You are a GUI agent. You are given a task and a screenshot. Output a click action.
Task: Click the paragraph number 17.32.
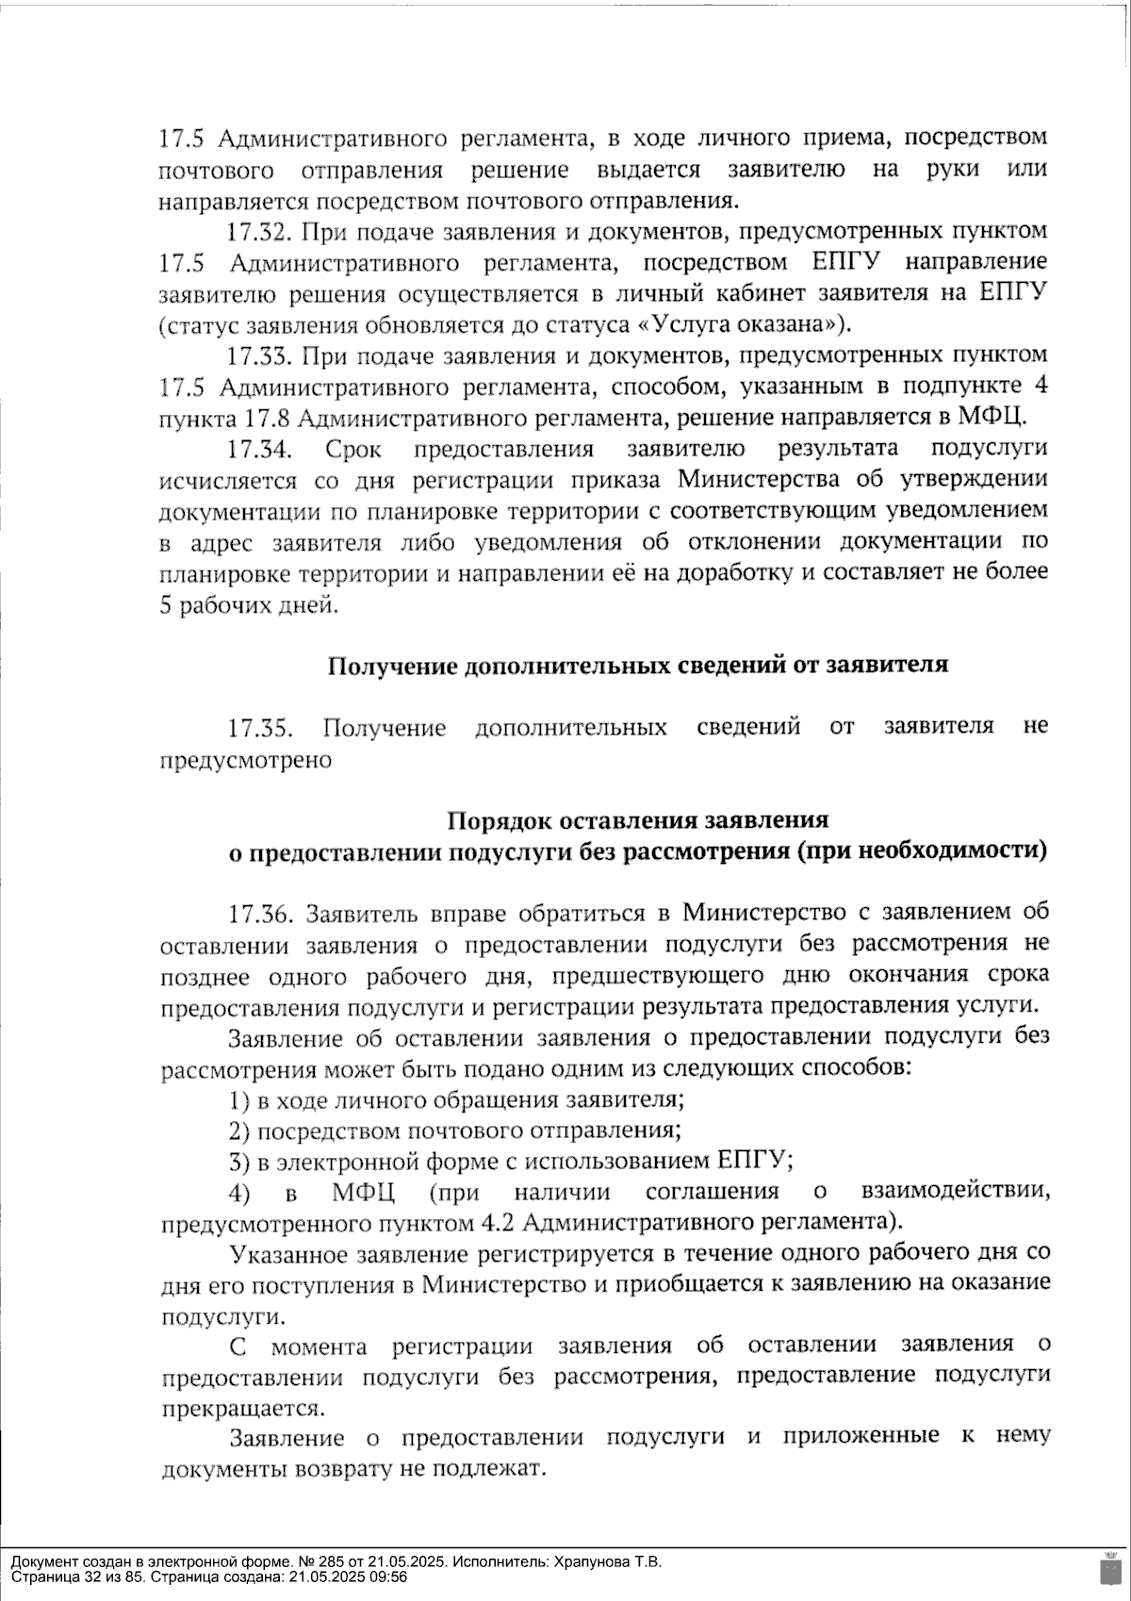click(259, 231)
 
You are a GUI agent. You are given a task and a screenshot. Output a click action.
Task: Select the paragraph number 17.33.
click(259, 355)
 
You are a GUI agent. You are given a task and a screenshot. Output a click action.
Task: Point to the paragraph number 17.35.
click(260, 728)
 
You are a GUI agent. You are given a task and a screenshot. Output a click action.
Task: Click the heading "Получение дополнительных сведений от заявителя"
click(637, 666)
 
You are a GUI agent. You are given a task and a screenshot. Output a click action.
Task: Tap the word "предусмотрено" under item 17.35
click(246, 759)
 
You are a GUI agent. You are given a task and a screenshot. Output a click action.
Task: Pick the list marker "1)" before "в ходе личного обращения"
click(239, 1100)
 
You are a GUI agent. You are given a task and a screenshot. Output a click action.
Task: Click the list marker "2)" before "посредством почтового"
click(239, 1131)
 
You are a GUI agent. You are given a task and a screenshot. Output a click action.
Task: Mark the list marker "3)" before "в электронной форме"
click(239, 1162)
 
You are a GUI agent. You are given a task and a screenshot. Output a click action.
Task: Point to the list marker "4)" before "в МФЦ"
click(239, 1193)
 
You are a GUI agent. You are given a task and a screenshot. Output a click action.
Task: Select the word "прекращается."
click(242, 1409)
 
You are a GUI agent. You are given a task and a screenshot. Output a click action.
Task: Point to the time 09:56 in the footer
click(387, 1576)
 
